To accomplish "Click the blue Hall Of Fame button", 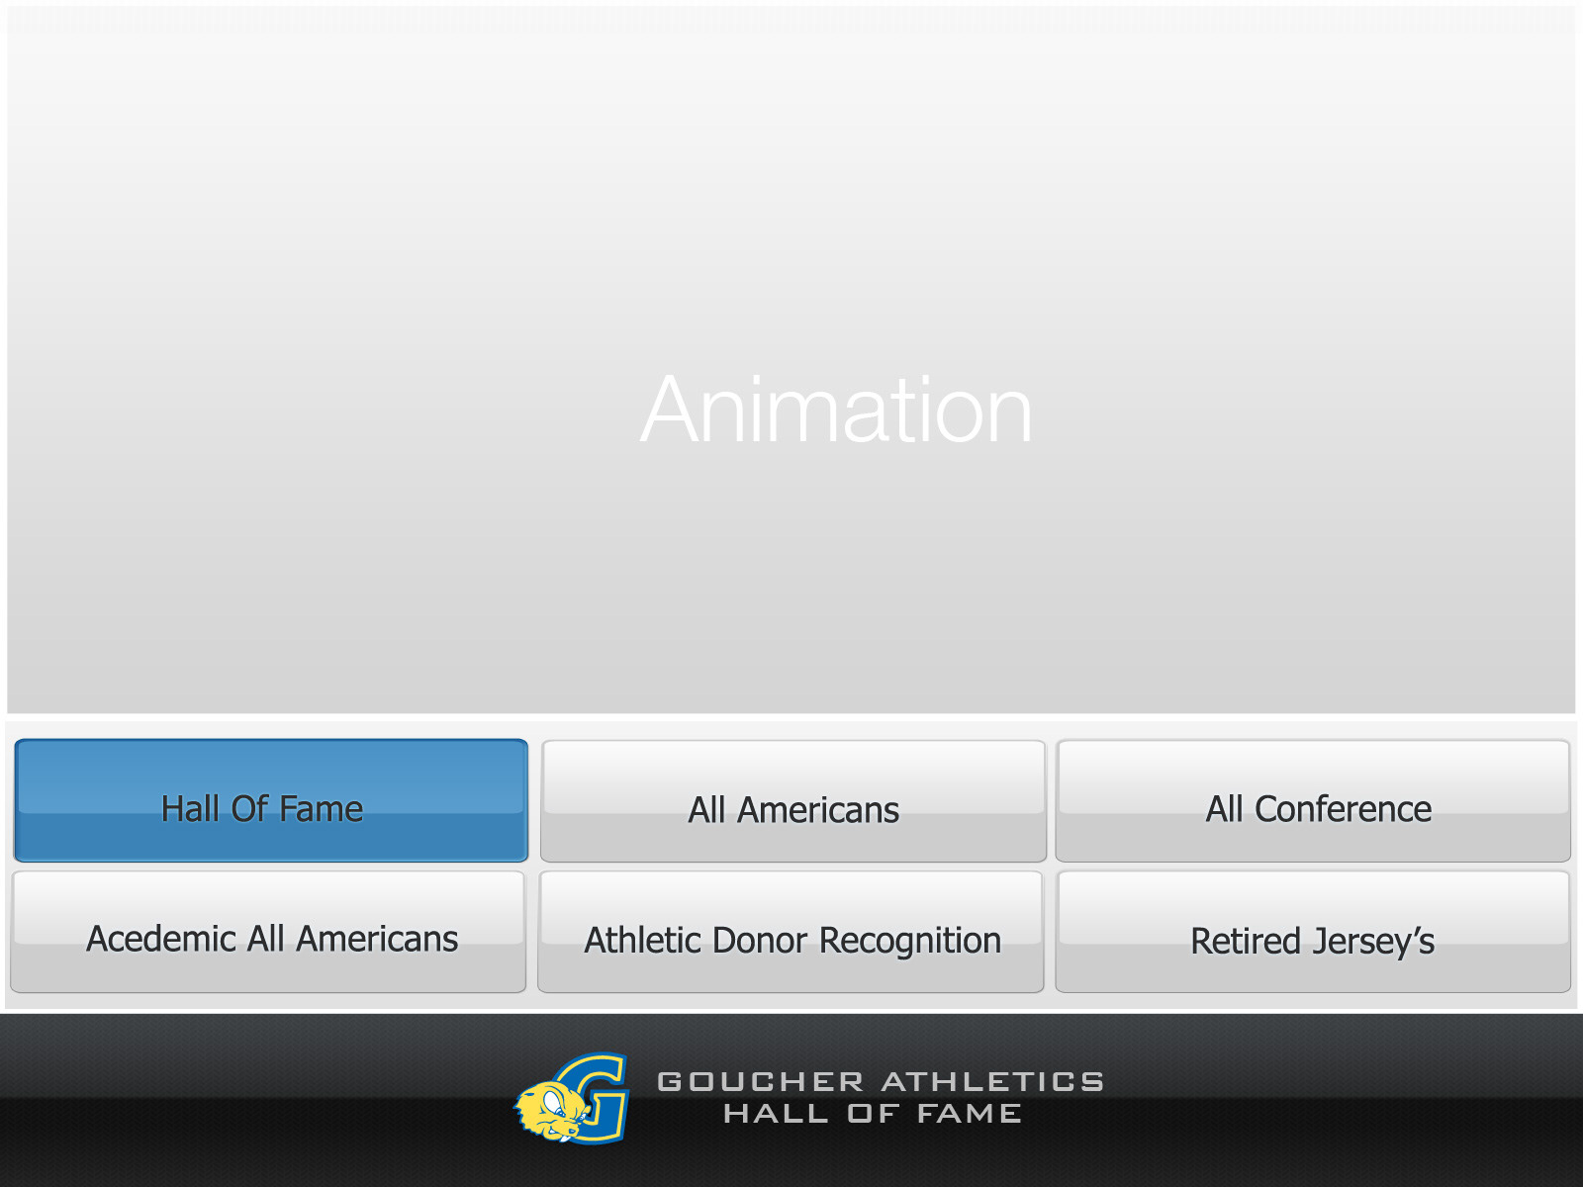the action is pos(271,800).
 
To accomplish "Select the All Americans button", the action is pos(793,800).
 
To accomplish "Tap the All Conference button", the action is pos(1313,800).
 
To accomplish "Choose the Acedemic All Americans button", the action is pos(268,932).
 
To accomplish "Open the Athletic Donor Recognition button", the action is pos(791,932).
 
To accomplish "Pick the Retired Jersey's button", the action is pos(1313,932).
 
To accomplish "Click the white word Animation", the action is pos(837,411).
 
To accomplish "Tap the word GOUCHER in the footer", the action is pos(761,1082).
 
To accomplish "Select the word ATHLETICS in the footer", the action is pos(993,1082).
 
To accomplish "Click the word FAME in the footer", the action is pos(970,1114).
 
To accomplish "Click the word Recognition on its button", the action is pos(910,942).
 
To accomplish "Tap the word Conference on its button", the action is pos(1343,808).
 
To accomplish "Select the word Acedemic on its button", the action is pos(161,939).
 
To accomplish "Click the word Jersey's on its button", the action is pos(1374,943).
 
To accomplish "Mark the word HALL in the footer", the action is pos(776,1114).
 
